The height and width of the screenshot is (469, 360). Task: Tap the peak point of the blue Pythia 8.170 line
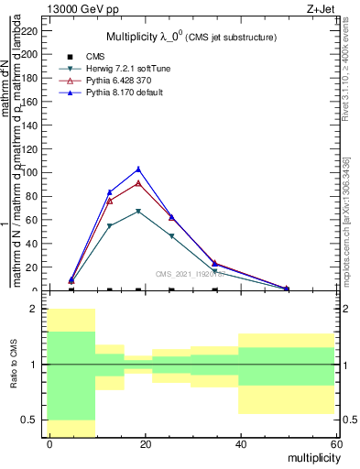[138, 169]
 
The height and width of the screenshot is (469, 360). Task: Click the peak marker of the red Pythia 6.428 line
[138, 183]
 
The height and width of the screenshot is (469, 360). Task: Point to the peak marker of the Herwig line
[138, 212]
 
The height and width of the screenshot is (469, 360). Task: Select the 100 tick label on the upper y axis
[30, 172]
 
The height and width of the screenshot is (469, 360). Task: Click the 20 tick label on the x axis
[145, 444]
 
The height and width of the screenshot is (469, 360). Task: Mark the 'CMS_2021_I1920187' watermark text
[190, 274]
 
